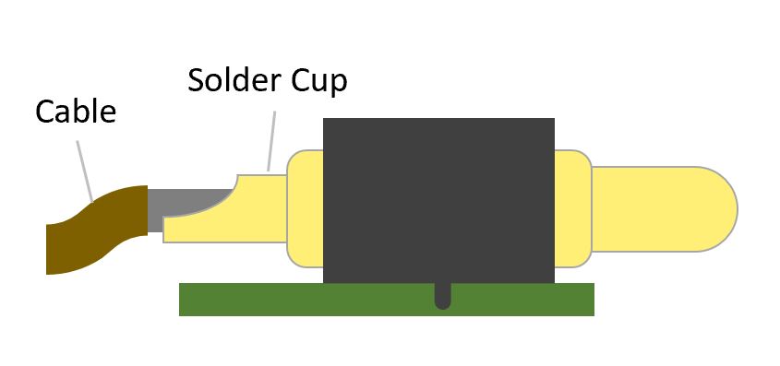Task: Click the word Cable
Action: tap(76, 112)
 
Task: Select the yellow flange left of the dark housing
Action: tap(305, 208)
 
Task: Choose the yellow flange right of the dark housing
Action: tap(572, 208)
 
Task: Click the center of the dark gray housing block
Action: tap(438, 200)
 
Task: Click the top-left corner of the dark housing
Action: tap(325, 121)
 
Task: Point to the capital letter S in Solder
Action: tap(198, 80)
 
